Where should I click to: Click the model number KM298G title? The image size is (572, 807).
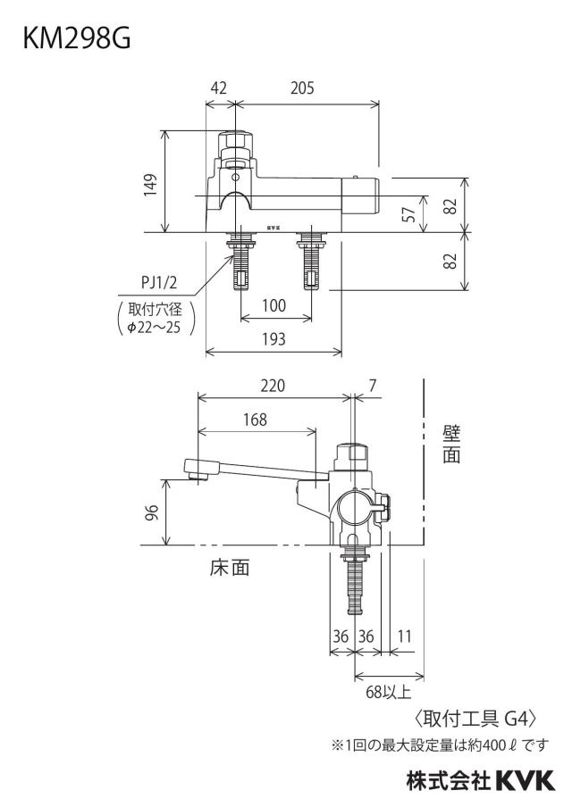click(77, 39)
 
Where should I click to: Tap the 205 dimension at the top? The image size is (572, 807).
click(302, 88)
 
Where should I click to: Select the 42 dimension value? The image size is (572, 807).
click(218, 88)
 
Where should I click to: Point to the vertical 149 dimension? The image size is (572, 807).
click(150, 184)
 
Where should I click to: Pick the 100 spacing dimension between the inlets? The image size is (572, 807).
click(273, 305)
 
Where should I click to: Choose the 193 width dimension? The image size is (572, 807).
click(273, 338)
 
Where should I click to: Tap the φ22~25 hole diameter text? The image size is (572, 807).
click(154, 328)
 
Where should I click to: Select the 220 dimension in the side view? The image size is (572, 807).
click(273, 386)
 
